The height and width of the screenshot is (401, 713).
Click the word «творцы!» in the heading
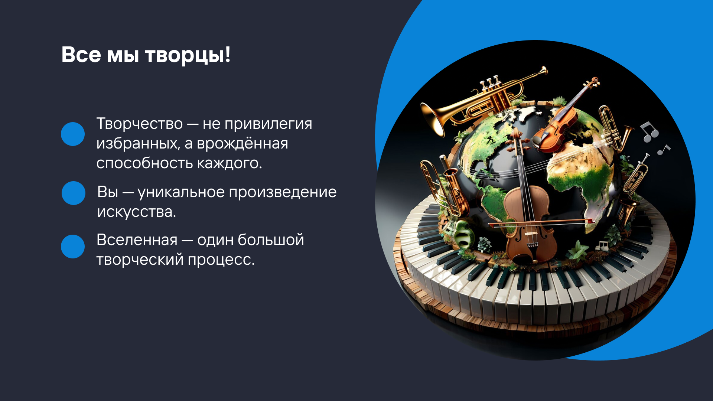tap(188, 55)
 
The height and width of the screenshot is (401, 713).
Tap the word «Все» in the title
tap(81, 55)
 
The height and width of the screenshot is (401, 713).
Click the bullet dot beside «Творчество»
tap(73, 134)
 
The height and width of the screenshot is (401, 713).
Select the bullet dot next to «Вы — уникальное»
tap(74, 193)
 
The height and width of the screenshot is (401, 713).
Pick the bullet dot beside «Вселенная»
tap(73, 247)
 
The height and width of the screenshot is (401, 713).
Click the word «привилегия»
tap(268, 124)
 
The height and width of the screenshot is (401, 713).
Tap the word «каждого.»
tap(229, 163)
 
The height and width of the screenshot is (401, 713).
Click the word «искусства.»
tap(137, 212)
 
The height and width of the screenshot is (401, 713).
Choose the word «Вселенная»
tap(137, 240)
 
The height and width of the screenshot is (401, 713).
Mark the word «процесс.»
tap(221, 260)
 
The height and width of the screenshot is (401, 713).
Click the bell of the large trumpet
tap(433, 119)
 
